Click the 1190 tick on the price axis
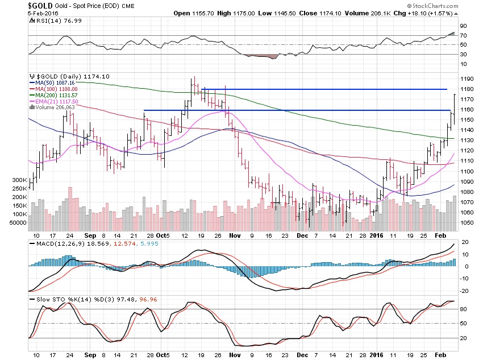click(x=467, y=79)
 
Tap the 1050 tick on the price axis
click(x=467, y=222)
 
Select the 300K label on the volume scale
click(x=19, y=180)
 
